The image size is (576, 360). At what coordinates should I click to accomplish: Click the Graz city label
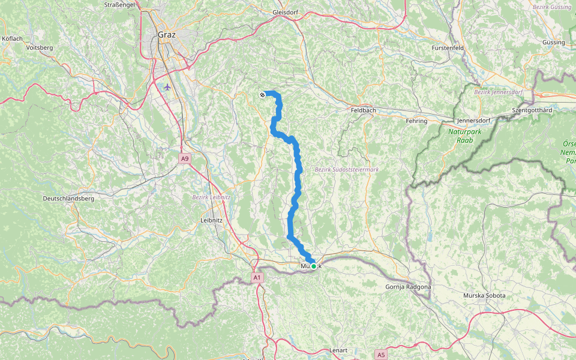point(167,34)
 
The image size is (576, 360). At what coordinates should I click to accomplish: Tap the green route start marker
point(313,266)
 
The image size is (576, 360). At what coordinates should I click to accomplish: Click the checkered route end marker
point(262,95)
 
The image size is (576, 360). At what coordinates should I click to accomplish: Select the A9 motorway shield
point(185,158)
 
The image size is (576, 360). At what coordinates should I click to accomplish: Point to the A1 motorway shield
point(257,278)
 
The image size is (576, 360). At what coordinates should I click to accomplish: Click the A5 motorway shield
point(381,355)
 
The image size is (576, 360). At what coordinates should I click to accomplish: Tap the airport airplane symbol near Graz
point(167,86)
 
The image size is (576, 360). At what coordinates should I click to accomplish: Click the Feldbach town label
point(364,111)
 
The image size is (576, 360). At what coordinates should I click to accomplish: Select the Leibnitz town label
point(211,220)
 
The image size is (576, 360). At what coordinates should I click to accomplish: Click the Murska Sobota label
point(484,296)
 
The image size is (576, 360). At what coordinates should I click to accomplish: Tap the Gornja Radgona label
point(407,287)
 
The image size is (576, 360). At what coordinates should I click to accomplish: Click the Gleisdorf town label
point(285,12)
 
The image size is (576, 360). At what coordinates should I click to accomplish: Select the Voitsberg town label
point(40,47)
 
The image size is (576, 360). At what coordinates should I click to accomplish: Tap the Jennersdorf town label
point(473,121)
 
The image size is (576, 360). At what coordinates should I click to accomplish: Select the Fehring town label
point(416,121)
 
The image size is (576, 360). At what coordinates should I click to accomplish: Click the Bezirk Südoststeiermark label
point(347,170)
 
